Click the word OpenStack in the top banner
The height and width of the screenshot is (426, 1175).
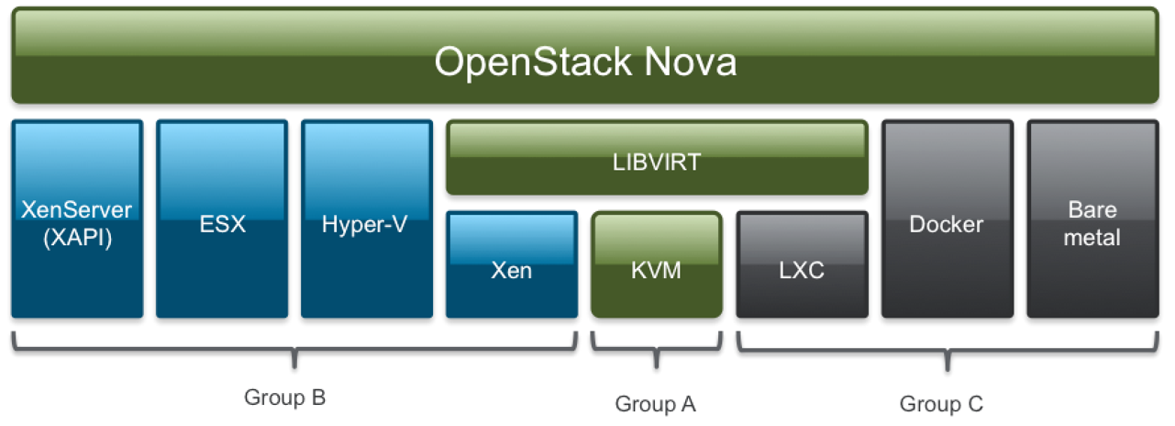click(x=533, y=62)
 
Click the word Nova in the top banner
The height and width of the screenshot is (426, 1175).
click(x=691, y=62)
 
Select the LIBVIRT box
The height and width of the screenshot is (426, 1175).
click(x=657, y=158)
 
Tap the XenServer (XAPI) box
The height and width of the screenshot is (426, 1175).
click(x=77, y=219)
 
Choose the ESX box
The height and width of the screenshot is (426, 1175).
click(x=222, y=219)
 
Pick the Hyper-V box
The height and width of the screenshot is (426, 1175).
click(x=367, y=219)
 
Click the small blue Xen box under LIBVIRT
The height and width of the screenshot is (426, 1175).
click(x=512, y=264)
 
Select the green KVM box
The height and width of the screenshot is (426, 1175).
click(x=657, y=264)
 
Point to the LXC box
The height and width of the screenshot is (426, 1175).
click(x=802, y=264)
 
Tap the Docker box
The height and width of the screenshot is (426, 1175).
click(x=948, y=219)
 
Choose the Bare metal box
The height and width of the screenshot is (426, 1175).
click(x=1092, y=219)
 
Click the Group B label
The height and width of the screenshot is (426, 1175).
click(x=285, y=398)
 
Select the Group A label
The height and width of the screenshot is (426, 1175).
click(x=656, y=405)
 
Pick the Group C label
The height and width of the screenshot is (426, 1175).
click(x=942, y=405)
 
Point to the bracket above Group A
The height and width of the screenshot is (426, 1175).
click(x=657, y=349)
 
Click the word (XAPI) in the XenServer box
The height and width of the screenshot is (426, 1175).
click(x=78, y=238)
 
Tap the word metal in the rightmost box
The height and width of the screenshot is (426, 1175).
click(x=1092, y=238)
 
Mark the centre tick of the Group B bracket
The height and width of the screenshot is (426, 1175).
click(x=294, y=359)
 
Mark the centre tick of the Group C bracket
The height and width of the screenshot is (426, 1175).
click(x=948, y=360)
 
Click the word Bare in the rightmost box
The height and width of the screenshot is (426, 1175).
click(x=1092, y=209)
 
